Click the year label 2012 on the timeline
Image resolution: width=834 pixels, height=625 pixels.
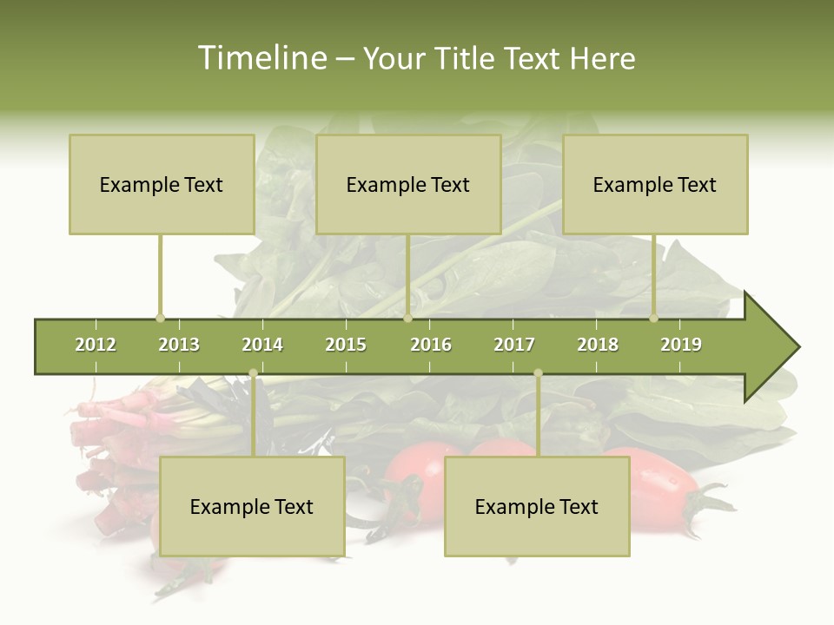[x=96, y=345]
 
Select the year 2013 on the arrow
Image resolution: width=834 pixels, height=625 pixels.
[x=179, y=345]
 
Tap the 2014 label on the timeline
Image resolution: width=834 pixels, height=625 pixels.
[x=262, y=345]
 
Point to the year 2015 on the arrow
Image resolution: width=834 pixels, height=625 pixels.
[x=346, y=345]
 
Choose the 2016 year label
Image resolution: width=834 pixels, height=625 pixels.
[x=431, y=345]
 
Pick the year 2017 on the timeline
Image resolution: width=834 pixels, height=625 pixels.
[x=514, y=345]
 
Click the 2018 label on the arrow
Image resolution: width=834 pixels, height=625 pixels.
[x=598, y=345]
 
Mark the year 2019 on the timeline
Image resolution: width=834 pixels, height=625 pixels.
[x=681, y=345]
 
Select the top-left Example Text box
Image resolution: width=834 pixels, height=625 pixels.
[x=162, y=184]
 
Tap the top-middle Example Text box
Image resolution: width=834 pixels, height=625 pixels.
[x=408, y=184]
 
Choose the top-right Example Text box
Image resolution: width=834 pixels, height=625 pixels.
[x=655, y=184]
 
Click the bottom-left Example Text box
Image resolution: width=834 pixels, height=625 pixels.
[x=252, y=506]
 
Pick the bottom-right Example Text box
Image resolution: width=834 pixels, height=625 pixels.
[x=537, y=506]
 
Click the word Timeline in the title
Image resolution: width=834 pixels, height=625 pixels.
[x=261, y=58]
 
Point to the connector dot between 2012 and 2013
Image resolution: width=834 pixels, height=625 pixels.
[x=160, y=318]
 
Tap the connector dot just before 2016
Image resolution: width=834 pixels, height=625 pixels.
[x=407, y=318]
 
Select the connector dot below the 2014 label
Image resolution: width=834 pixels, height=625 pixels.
[x=253, y=373]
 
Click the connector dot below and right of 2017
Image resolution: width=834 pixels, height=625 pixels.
[x=538, y=373]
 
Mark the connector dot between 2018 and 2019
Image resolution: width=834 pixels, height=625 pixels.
[x=654, y=318]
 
